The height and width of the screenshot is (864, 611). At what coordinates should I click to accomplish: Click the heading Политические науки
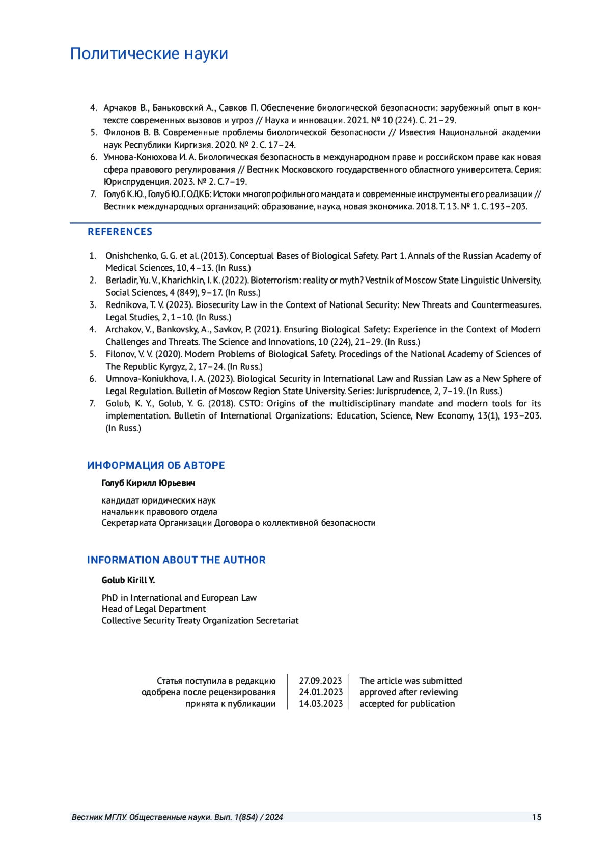[x=149, y=53]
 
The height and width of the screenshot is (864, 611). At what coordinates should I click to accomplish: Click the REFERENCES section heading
[x=120, y=232]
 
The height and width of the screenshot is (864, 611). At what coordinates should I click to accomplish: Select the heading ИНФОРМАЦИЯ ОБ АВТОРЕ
[x=156, y=465]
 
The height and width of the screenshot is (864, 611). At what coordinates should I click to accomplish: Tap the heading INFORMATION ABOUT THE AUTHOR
[x=176, y=560]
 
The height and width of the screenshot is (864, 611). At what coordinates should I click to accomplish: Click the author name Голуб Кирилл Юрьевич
[x=148, y=483]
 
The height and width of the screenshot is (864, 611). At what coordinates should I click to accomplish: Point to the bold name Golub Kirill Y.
[x=128, y=580]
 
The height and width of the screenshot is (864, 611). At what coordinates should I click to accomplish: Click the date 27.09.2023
[x=320, y=681]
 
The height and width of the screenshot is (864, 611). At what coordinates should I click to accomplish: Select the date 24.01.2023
[x=320, y=692]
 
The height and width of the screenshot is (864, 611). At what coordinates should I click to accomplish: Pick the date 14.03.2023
[x=320, y=704]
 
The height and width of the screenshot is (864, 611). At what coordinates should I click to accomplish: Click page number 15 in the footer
[x=536, y=817]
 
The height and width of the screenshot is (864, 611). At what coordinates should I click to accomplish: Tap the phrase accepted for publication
[x=407, y=704]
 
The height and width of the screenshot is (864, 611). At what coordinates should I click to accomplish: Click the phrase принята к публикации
[x=230, y=704]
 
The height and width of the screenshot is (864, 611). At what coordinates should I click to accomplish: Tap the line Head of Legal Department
[x=153, y=609]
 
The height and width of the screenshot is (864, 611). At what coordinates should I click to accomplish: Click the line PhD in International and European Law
[x=179, y=598]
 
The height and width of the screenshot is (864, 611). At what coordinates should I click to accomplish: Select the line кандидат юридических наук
[x=158, y=500]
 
